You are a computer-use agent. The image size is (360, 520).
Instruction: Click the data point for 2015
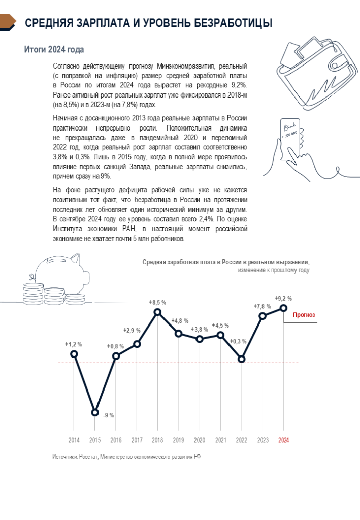(95, 412)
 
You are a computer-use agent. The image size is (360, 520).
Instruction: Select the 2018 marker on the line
(157, 312)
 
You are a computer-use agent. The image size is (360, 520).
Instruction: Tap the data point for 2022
(242, 359)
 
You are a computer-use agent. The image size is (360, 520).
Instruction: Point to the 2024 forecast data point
(283, 308)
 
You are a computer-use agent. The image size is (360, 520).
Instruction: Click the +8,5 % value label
(157, 302)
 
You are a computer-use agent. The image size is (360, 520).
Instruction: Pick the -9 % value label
(109, 415)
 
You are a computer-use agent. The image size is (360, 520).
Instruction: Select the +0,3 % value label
(238, 342)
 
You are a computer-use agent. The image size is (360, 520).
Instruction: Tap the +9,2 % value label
(283, 298)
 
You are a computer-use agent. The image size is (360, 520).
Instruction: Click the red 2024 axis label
(283, 440)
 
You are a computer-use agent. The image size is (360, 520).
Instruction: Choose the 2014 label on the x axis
(74, 440)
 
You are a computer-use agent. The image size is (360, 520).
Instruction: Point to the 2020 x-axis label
(200, 440)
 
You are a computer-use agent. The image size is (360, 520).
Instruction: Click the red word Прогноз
(304, 315)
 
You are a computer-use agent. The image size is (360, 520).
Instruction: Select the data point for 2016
(116, 356)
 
